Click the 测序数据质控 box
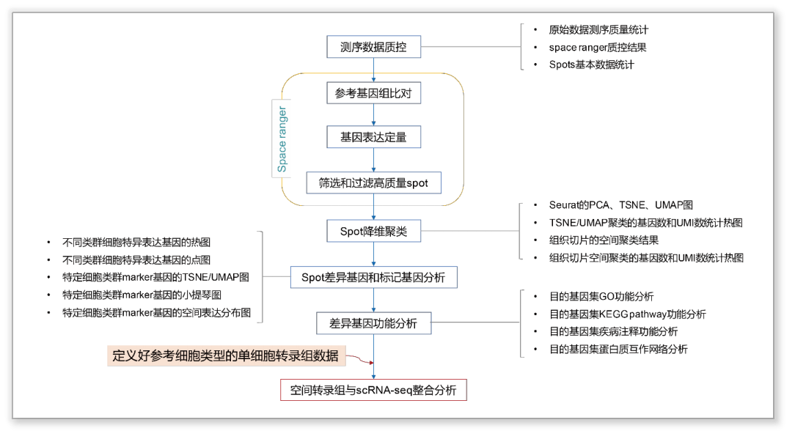[x=374, y=47]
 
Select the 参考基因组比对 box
[x=374, y=93]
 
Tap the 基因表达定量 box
[x=374, y=137]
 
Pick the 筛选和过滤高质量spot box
[x=374, y=182]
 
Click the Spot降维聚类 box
[x=374, y=231]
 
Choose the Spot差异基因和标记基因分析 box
[x=374, y=277]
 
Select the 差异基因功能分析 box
[x=374, y=323]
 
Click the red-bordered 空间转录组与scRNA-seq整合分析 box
[x=374, y=390]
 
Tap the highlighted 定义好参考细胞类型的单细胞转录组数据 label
[x=226, y=355]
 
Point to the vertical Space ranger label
[x=282, y=139]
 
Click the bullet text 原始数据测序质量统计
[x=598, y=30]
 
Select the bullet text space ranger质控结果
[x=598, y=48]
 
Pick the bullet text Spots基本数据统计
[x=591, y=65]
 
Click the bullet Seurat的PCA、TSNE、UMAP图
[x=621, y=205]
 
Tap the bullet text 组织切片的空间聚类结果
[x=604, y=240]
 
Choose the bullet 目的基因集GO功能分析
[x=601, y=297]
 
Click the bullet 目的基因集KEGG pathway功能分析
[x=628, y=314]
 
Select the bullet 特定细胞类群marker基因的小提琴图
[x=142, y=295]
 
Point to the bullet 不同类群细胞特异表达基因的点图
[x=136, y=260]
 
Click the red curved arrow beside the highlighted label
[x=359, y=359]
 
